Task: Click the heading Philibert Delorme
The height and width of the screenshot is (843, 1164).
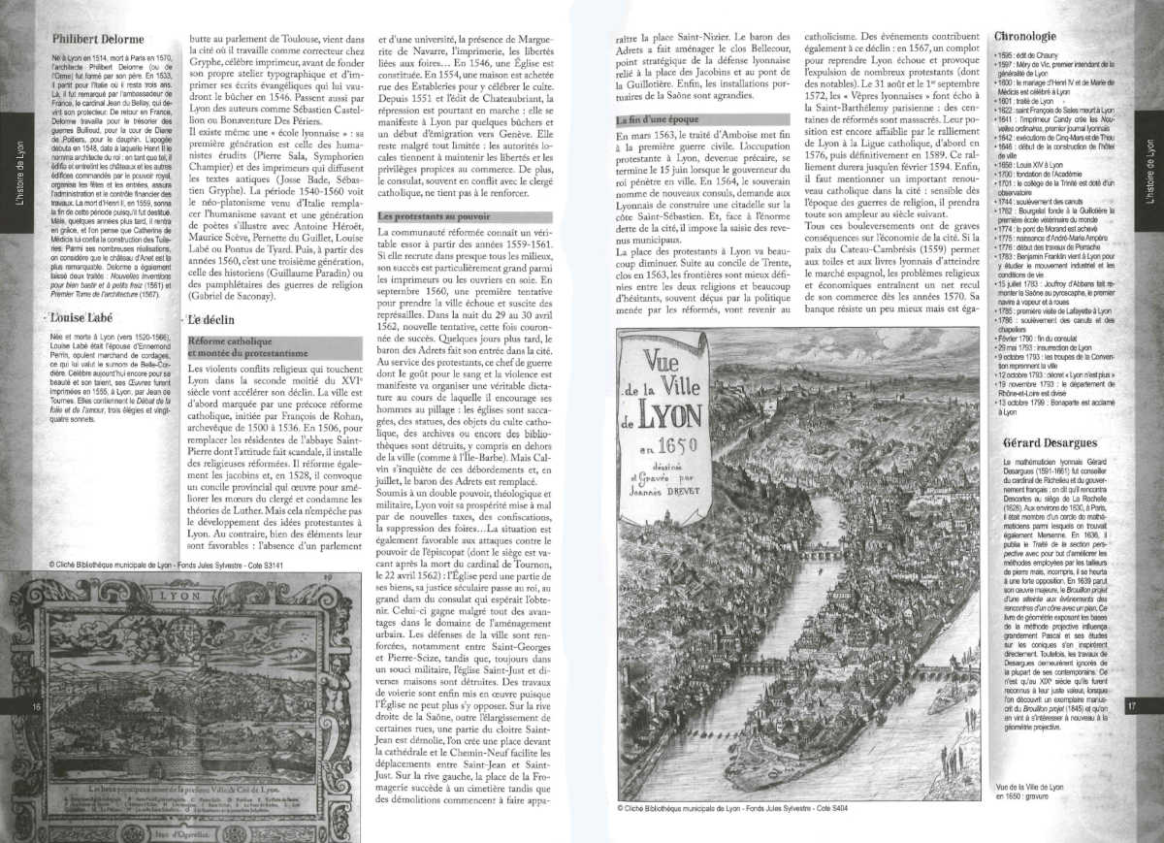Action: pos(97,41)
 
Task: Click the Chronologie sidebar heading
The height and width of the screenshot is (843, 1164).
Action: pos(1025,37)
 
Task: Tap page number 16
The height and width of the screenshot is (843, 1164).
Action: pos(37,706)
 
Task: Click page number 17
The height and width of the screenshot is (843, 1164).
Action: pos(1131,705)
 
